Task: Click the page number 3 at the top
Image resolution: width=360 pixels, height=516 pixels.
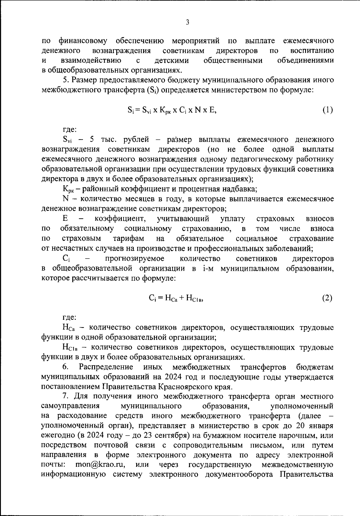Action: point(187,22)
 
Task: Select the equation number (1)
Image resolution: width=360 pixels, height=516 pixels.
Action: point(328,110)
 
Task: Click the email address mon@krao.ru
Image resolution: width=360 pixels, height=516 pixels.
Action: point(100,465)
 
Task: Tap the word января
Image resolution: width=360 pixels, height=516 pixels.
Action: point(321,425)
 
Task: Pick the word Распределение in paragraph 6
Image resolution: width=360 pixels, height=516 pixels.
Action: point(106,367)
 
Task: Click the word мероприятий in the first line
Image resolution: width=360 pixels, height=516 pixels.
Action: point(196,40)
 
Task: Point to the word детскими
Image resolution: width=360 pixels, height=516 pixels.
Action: point(171,61)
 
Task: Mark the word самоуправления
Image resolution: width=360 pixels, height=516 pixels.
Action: point(70,406)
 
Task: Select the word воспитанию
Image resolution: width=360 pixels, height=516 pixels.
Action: point(312,50)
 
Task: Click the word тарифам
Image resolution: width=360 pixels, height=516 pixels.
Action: point(128,238)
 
